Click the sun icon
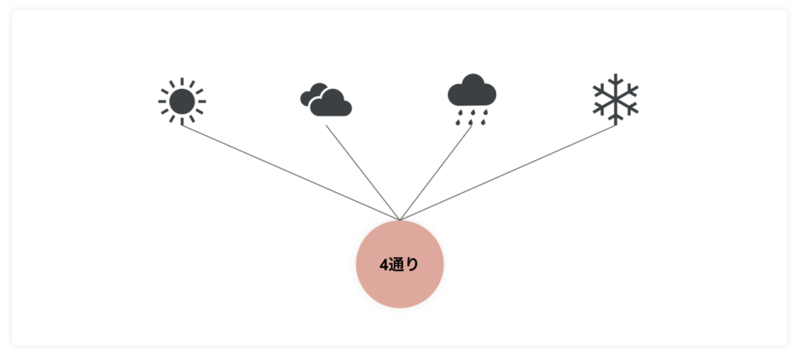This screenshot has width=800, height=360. coord(182,101)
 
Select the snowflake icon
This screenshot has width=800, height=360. coord(616,99)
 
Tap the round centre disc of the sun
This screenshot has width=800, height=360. coord(182,102)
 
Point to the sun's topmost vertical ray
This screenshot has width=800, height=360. coord(182,82)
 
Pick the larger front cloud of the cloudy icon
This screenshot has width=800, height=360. coord(331,104)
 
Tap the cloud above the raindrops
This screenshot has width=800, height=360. coord(472,91)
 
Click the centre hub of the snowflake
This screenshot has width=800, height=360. coord(616,98)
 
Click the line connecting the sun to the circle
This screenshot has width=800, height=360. coord(291,173)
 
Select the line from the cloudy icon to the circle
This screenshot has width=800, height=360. coord(363,173)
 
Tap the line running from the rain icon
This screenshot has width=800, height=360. coord(436,173)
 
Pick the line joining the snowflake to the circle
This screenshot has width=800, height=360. coord(508,173)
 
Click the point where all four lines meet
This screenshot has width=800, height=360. coord(400,220)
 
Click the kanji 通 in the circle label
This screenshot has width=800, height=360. coord(396,266)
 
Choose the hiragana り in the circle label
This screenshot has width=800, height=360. coord(412,266)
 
